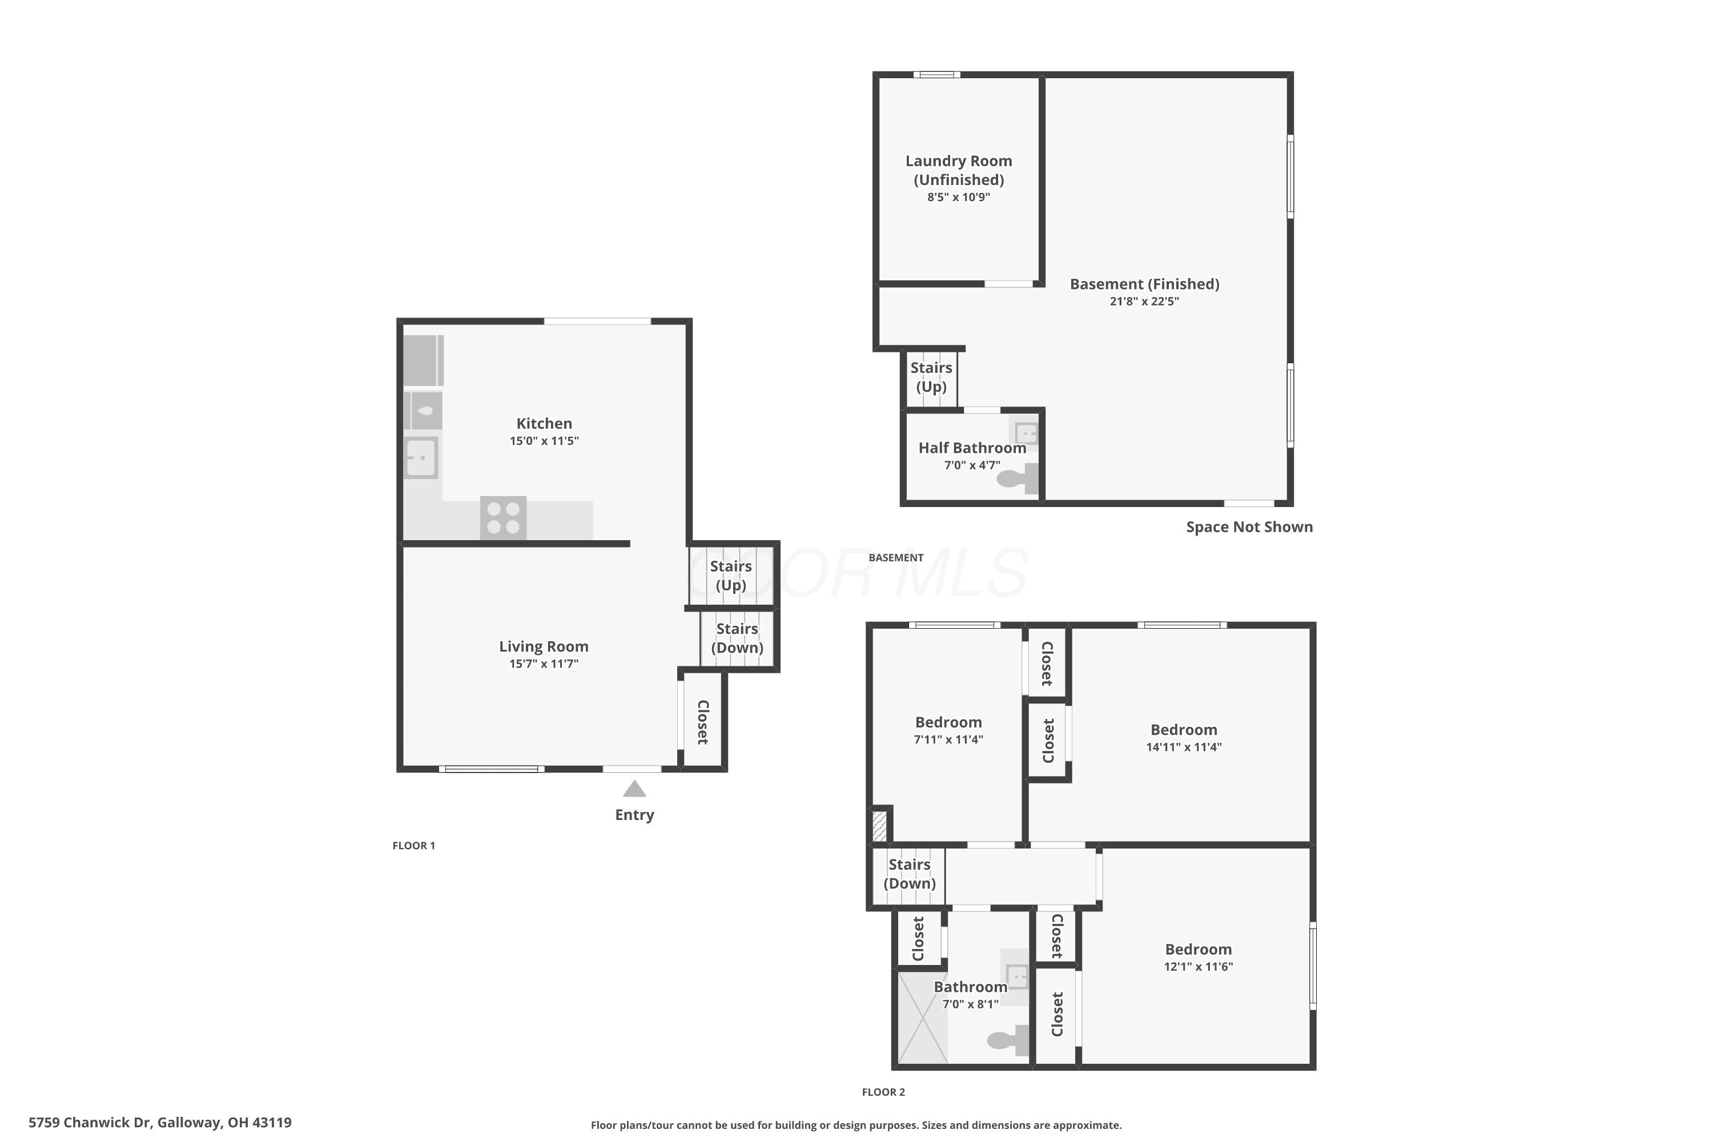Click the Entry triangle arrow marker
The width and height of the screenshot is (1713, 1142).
coord(634,789)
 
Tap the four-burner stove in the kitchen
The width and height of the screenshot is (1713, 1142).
coord(503,518)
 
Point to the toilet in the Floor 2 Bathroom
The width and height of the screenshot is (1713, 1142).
coord(1008,1040)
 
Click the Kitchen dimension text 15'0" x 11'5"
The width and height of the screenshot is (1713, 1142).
coord(544,441)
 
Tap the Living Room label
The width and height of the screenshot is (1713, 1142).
coord(544,646)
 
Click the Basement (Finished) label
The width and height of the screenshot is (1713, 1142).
coord(1144,284)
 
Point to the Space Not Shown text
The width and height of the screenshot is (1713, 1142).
coord(1249,526)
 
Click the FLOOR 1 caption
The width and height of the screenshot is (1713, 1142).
coord(413,846)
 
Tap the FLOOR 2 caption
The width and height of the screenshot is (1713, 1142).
coord(883,1092)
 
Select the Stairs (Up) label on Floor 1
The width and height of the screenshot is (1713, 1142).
coord(730,576)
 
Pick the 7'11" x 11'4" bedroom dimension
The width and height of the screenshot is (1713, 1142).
coord(948,739)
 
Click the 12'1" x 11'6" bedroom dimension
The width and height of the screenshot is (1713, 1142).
coord(1198,967)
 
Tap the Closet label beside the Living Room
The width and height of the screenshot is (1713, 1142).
coord(703,722)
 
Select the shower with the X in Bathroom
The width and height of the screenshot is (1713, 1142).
coord(922,1018)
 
